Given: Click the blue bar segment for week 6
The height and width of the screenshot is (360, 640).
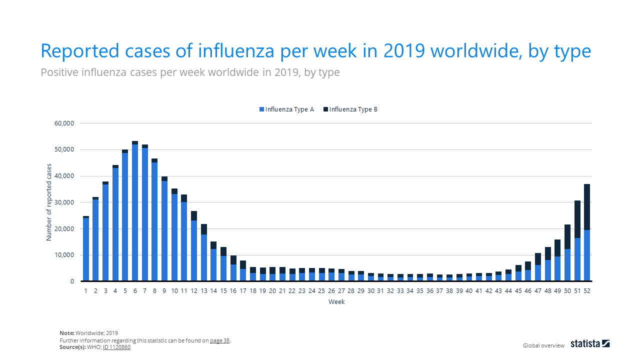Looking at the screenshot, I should [135, 212].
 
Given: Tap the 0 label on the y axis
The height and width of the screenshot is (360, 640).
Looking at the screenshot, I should [71, 281].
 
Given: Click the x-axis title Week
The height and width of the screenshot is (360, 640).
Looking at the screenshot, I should [336, 302].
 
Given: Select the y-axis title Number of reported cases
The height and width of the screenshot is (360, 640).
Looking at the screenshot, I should [49, 202].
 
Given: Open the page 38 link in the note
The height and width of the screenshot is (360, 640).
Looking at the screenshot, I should [219, 340].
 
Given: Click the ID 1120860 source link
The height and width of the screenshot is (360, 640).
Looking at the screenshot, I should [116, 347].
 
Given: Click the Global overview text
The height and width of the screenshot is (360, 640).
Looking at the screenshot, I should [543, 345].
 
